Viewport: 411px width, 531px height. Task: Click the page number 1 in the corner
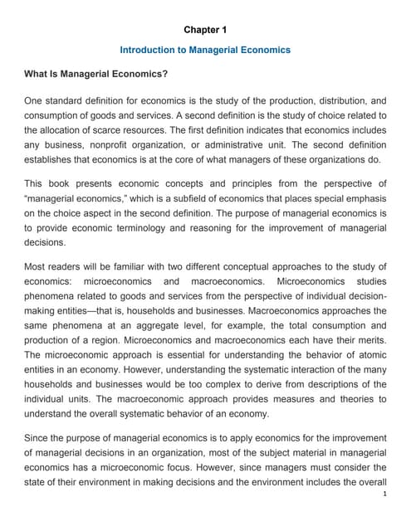point(386,517)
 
